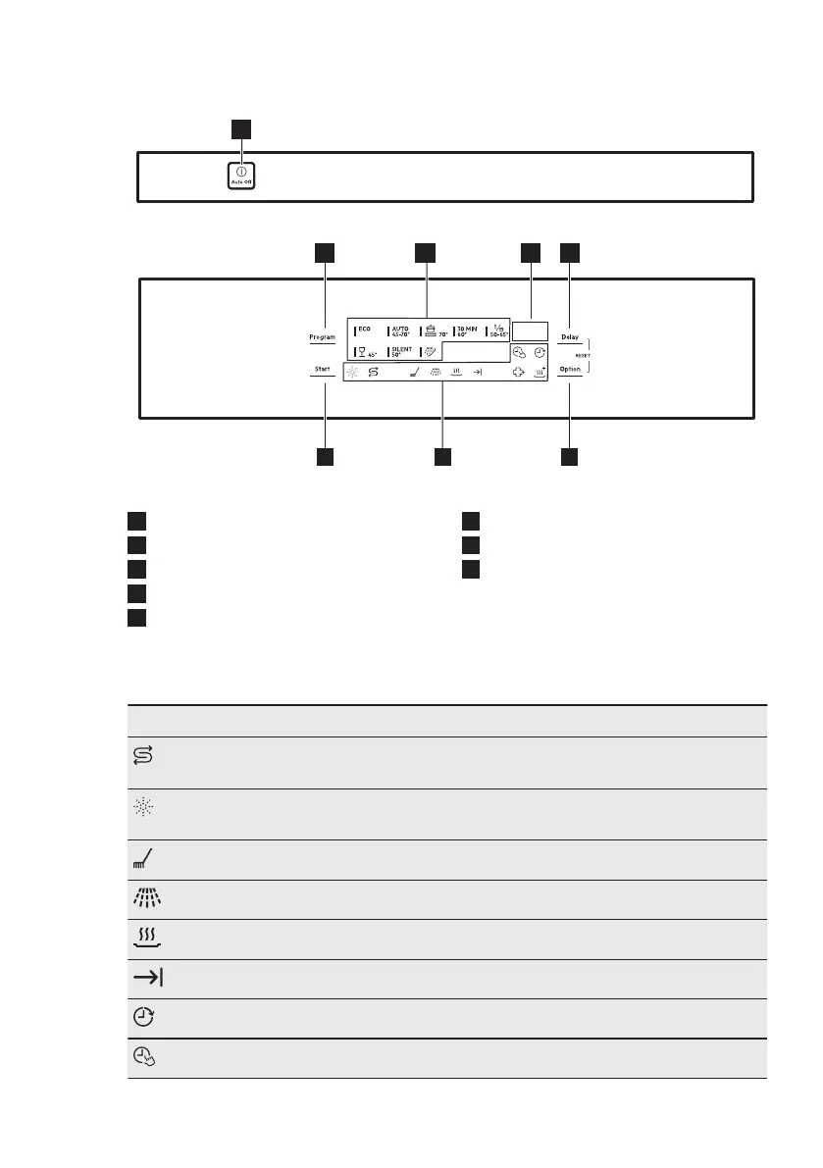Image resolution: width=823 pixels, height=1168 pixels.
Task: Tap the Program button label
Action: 323,337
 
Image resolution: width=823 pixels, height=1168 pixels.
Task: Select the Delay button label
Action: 570,337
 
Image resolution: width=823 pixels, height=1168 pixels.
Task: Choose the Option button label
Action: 570,370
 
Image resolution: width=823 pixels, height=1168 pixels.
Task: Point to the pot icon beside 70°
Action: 430,330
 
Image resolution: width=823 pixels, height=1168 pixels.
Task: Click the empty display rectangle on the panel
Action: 530,330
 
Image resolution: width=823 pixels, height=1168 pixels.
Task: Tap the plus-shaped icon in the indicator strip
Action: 519,373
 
